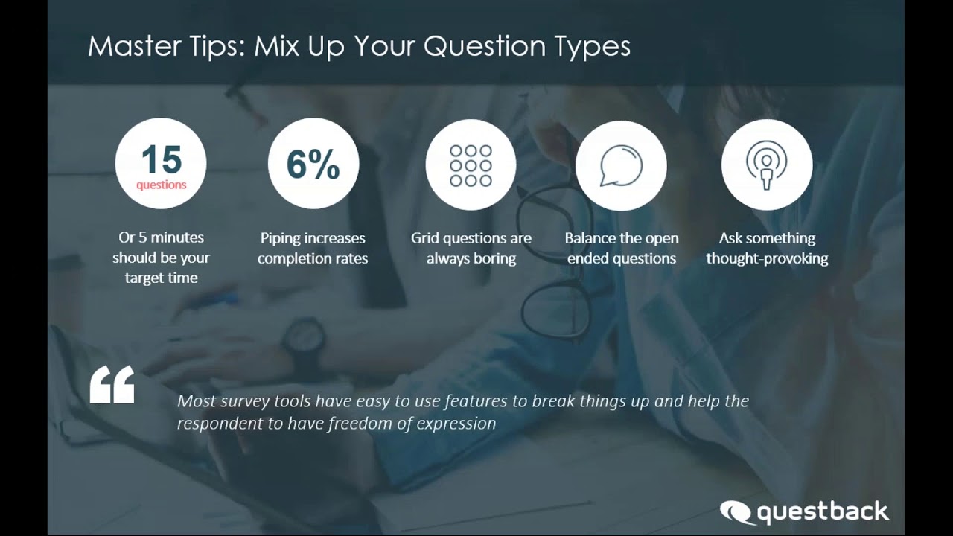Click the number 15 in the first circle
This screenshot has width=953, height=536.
161,159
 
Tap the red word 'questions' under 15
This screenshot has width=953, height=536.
161,185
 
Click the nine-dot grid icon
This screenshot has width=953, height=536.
471,165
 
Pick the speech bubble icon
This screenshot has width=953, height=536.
621,165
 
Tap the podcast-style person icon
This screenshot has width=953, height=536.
766,165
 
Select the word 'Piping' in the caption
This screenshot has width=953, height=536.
281,238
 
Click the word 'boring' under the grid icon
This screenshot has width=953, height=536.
492,258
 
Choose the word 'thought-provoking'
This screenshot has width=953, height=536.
767,258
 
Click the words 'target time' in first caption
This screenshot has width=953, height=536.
161,278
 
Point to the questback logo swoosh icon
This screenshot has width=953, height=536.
736,512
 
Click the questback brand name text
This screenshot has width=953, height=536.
823,512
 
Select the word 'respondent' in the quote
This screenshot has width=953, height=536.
216,423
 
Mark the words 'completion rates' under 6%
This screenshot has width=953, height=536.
313,258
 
